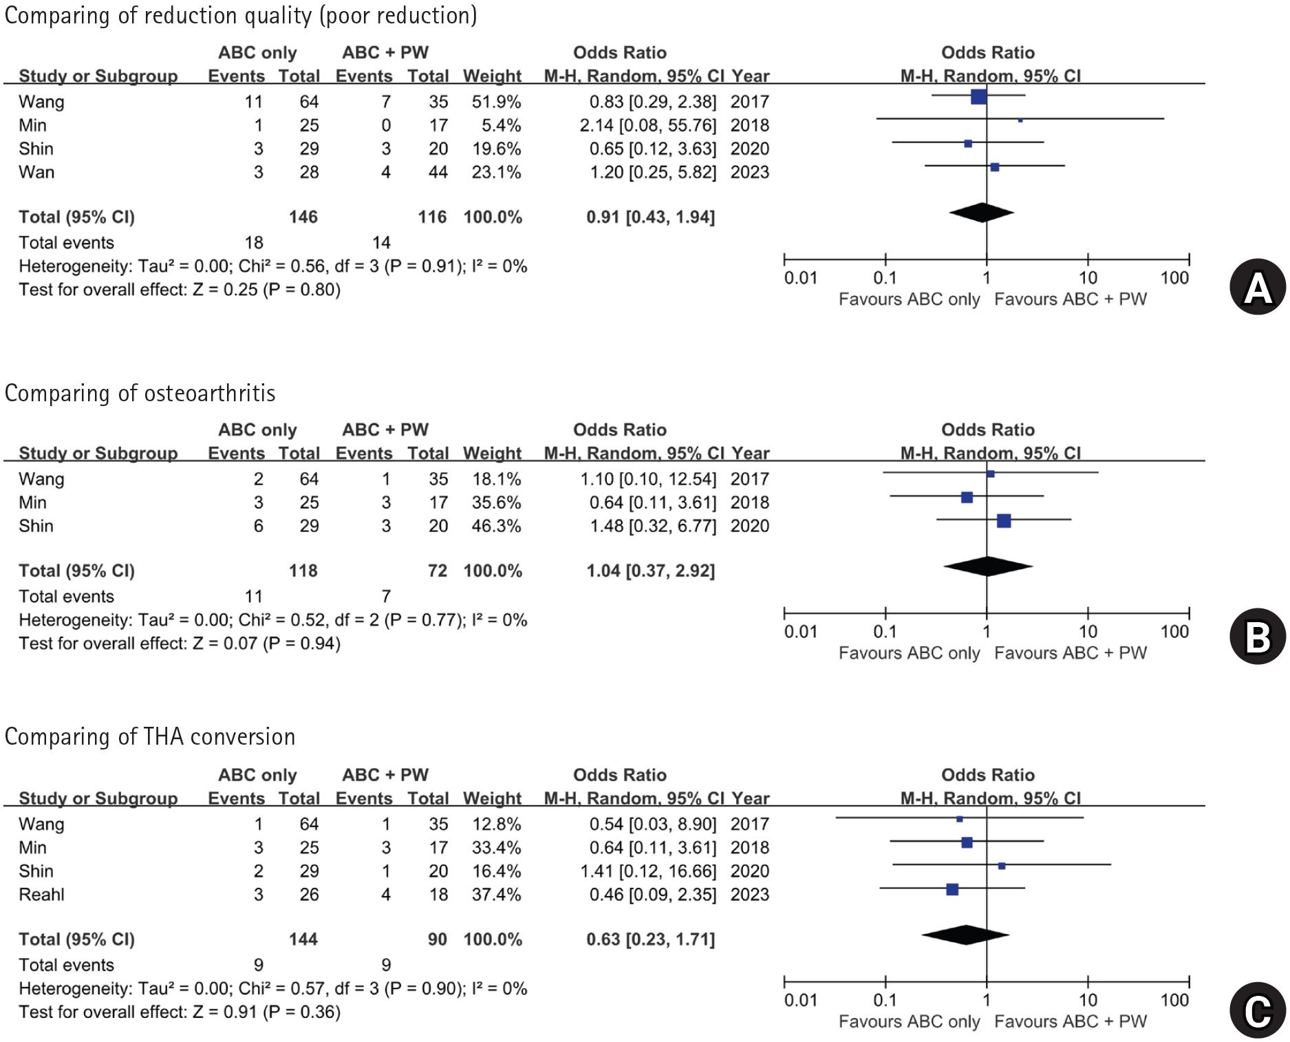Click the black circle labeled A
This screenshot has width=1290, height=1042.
1258,287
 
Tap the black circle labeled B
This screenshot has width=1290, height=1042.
1258,637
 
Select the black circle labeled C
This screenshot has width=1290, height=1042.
1258,1010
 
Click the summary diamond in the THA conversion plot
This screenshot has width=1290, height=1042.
965,935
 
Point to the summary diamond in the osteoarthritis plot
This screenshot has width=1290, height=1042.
988,566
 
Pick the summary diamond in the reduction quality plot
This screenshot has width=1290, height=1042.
982,213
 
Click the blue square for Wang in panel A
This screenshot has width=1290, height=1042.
978,96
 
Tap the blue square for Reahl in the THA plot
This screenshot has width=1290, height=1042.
952,889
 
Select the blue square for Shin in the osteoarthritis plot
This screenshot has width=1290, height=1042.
1004,520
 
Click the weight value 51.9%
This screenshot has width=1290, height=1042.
496,102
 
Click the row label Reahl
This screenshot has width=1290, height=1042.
41,894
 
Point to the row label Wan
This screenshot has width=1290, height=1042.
36,172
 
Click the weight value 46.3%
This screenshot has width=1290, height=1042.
496,526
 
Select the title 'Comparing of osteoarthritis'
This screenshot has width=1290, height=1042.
140,393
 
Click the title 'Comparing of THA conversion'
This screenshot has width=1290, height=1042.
149,736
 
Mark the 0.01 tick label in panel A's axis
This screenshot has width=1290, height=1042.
801,278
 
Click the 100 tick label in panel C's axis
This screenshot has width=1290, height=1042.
1174,1000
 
